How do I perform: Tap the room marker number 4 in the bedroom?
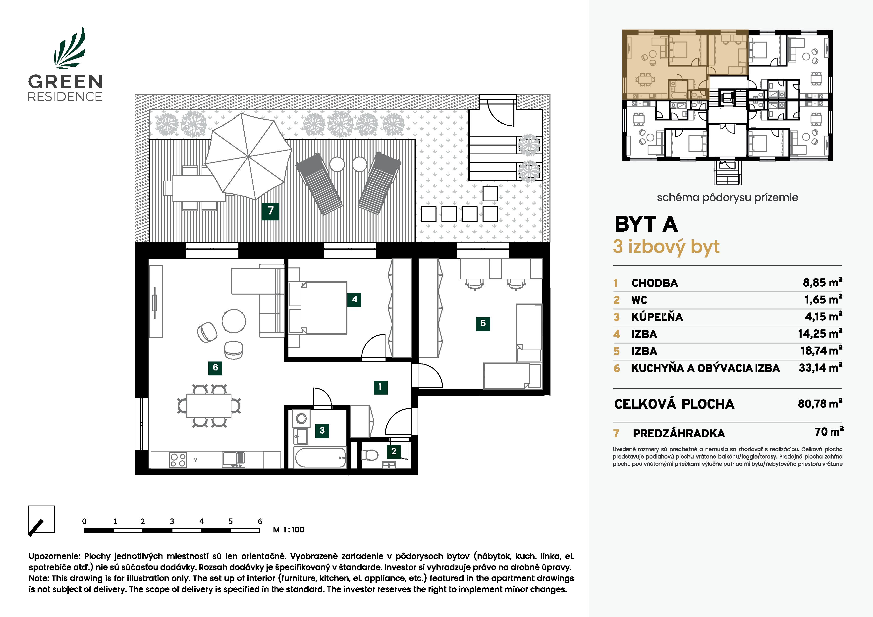354,300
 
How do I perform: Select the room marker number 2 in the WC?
393,451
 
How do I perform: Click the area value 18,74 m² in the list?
821,351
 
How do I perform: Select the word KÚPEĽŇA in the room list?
657,317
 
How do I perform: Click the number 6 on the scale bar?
260,521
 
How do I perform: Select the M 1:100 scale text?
289,530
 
